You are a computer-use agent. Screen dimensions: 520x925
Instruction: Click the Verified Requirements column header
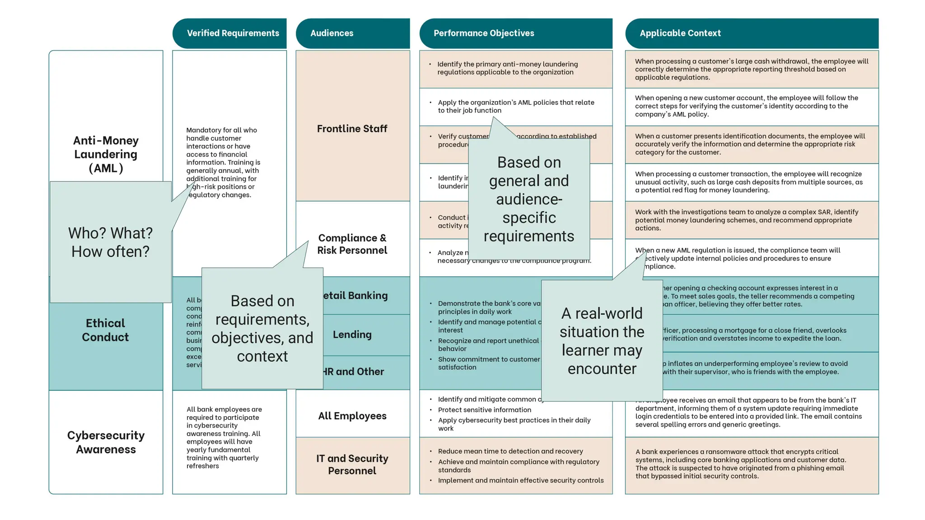pyautogui.click(x=233, y=33)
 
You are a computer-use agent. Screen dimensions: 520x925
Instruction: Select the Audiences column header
pyautogui.click(x=332, y=33)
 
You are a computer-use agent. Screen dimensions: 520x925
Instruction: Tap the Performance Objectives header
pyautogui.click(x=484, y=33)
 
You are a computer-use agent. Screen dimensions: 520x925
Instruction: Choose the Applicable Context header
pyautogui.click(x=680, y=33)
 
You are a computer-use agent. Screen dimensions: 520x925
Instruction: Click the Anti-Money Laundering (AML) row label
pyautogui.click(x=106, y=154)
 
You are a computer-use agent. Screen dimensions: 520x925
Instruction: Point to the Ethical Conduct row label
pyautogui.click(x=106, y=330)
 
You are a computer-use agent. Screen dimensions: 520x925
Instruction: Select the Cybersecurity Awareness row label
pyautogui.click(x=106, y=442)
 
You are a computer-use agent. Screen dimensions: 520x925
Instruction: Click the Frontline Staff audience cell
pyautogui.click(x=352, y=129)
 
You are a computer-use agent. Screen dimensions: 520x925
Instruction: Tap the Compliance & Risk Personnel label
pyautogui.click(x=352, y=244)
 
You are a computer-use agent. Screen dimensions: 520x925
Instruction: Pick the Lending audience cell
pyautogui.click(x=352, y=334)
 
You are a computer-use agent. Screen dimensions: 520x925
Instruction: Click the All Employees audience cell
pyautogui.click(x=352, y=416)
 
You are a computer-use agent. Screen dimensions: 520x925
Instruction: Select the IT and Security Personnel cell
pyautogui.click(x=352, y=464)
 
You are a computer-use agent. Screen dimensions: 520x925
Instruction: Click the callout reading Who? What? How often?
pyautogui.click(x=110, y=242)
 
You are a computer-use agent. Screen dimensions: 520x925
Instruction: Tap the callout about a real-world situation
pyautogui.click(x=602, y=341)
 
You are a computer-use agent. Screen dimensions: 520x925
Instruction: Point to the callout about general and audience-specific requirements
pyautogui.click(x=529, y=199)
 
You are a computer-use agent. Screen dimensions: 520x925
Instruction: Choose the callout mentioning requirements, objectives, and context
pyautogui.click(x=262, y=328)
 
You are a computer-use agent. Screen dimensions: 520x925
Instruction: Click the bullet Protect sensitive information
pyautogui.click(x=485, y=410)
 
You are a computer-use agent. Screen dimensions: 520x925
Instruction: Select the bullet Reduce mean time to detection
pyautogui.click(x=510, y=451)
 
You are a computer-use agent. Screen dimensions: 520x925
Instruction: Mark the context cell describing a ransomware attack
pyautogui.click(x=741, y=464)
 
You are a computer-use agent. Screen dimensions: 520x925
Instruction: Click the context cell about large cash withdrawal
pyautogui.click(x=752, y=69)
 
